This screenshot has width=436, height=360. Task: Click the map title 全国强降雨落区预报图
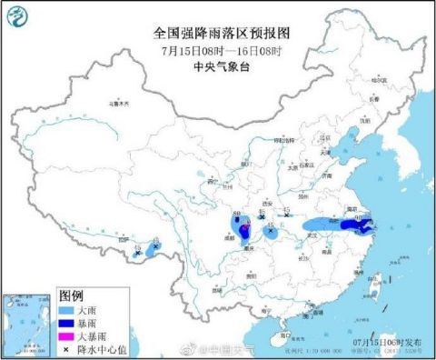(x=215, y=31)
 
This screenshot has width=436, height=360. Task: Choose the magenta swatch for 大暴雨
(x=65, y=337)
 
